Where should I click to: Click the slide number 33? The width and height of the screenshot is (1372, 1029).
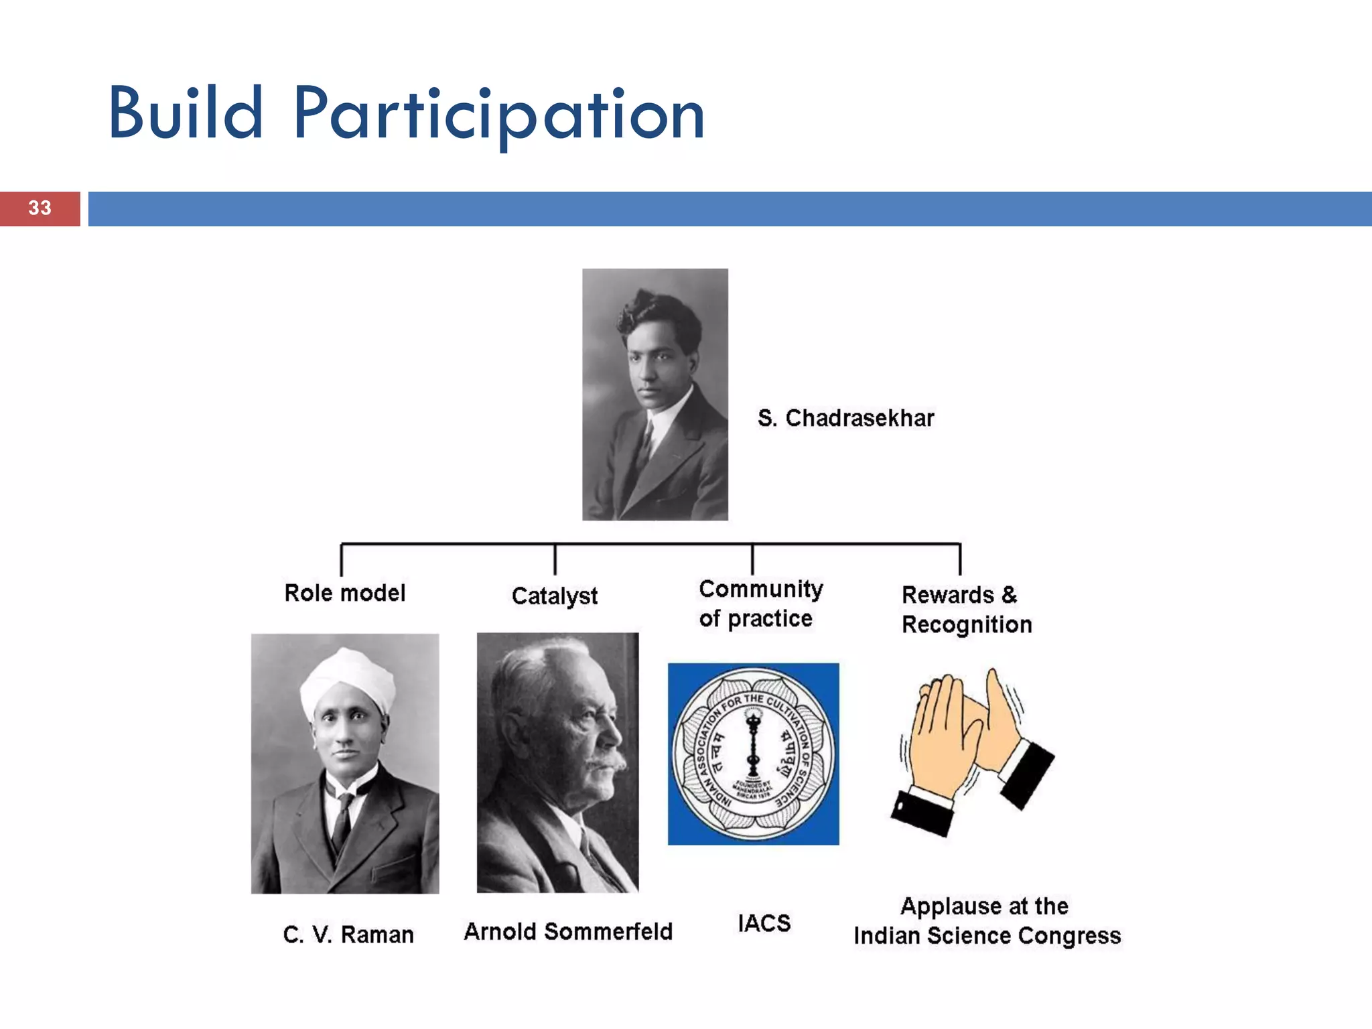coord(40,208)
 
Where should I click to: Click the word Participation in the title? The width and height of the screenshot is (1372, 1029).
coord(499,115)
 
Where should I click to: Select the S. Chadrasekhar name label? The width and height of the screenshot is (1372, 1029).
coord(845,418)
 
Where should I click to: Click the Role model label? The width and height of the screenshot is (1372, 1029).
coord(344,593)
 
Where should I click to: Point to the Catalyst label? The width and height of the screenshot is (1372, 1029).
coord(554,596)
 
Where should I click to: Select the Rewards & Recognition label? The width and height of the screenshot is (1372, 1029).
coord(965,610)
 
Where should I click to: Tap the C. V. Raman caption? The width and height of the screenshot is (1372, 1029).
coord(348,935)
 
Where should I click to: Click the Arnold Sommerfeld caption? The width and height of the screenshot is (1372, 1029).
coord(568,932)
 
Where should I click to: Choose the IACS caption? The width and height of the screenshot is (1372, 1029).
coord(764,923)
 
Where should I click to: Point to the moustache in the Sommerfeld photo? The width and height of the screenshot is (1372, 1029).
coord(606,762)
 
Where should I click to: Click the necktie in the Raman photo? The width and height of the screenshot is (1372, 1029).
coord(343,821)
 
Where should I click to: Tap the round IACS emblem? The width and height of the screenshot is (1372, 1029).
coord(754,754)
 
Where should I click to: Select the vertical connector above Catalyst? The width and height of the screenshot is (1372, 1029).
coord(555,559)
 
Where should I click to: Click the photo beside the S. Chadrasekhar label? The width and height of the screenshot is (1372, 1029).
coord(655,394)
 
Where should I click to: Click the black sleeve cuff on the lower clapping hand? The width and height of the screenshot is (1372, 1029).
coord(922,812)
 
